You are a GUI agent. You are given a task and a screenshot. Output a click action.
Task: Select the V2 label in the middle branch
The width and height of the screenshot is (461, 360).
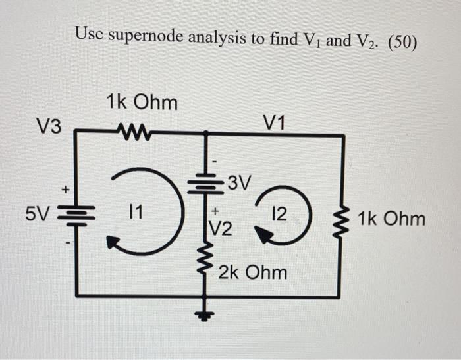pos(221,228)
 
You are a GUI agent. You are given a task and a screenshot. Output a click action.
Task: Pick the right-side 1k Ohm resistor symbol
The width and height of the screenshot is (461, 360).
pos(342,217)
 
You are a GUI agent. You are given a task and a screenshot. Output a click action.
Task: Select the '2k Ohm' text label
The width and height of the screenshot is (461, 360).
pos(252,271)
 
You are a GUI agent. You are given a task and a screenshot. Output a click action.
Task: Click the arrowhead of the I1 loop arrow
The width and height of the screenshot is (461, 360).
pos(113,244)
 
